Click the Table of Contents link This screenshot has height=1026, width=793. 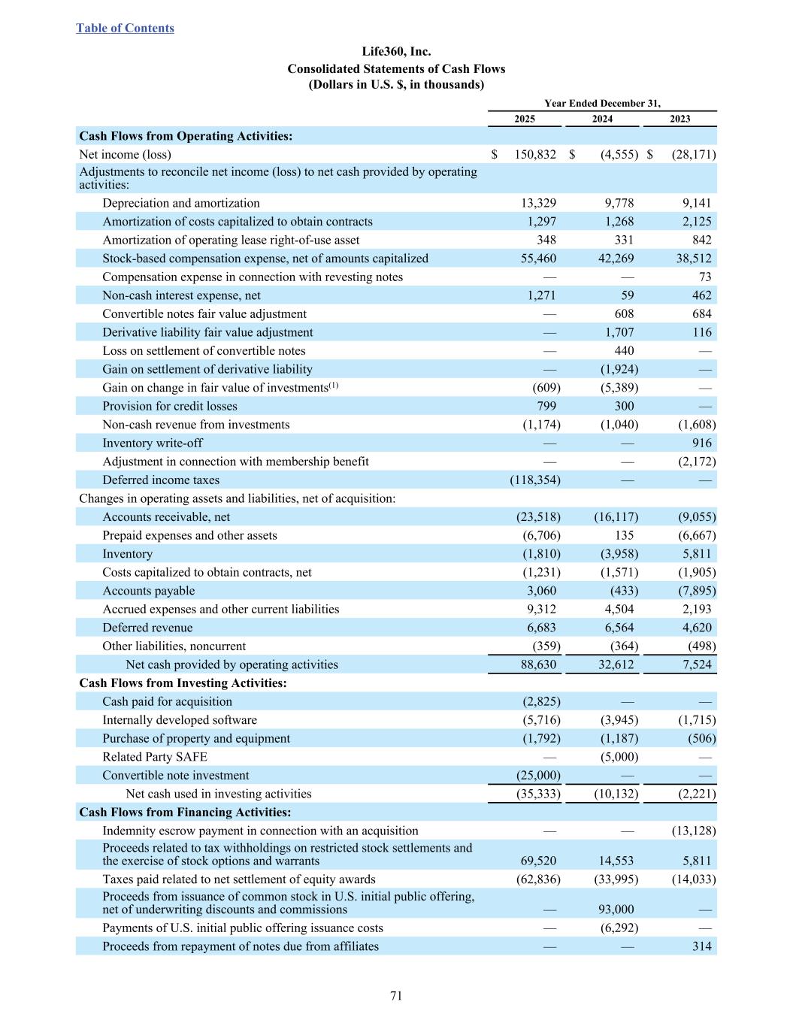click(x=125, y=29)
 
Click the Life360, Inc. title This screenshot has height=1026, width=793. click(x=396, y=52)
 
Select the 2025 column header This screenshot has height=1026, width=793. click(x=525, y=119)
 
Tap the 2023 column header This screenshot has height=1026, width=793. click(x=679, y=119)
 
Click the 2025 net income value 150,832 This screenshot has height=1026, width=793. click(x=535, y=155)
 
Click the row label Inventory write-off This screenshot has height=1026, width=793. click(x=152, y=443)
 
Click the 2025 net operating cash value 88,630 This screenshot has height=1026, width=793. click(x=538, y=664)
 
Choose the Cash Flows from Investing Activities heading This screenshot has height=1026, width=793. click(x=183, y=683)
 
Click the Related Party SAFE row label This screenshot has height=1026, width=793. click(x=155, y=757)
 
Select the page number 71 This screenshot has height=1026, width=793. click(x=396, y=996)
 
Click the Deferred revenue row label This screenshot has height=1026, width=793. click(x=147, y=628)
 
